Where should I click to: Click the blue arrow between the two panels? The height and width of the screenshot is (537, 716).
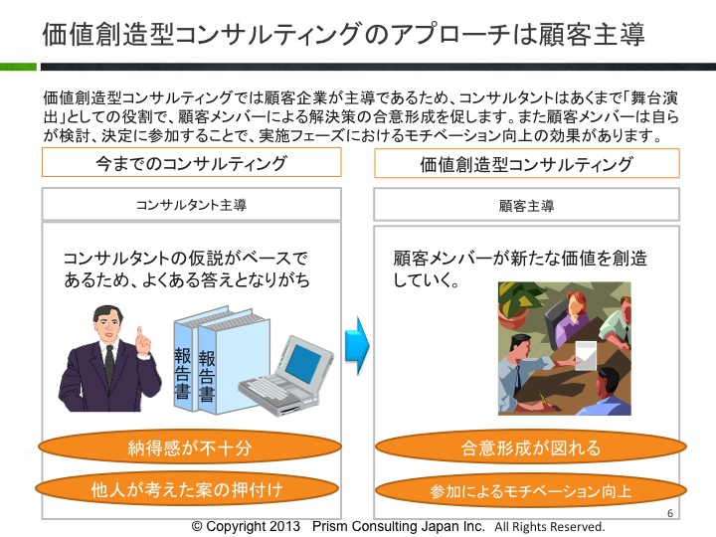356,345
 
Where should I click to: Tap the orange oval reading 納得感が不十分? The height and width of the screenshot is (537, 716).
190,447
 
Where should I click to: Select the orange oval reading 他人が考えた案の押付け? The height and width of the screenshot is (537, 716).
187,489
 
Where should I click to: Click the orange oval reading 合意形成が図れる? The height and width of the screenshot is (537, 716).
531,447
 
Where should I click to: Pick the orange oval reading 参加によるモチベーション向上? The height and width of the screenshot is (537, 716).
531,490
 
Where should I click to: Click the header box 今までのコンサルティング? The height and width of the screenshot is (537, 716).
191,162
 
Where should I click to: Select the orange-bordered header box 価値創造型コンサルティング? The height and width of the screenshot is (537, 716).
527,163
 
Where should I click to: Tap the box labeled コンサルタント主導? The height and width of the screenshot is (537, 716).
191,204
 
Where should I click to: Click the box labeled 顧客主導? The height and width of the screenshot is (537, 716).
526,205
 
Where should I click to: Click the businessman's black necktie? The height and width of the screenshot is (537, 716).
109,365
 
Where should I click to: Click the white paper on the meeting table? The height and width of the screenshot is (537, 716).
586,356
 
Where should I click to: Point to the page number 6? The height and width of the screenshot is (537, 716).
670,513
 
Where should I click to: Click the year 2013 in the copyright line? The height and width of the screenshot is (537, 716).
283,526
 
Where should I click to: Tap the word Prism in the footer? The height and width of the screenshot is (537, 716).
329,526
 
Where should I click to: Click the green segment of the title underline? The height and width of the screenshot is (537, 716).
18,67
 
